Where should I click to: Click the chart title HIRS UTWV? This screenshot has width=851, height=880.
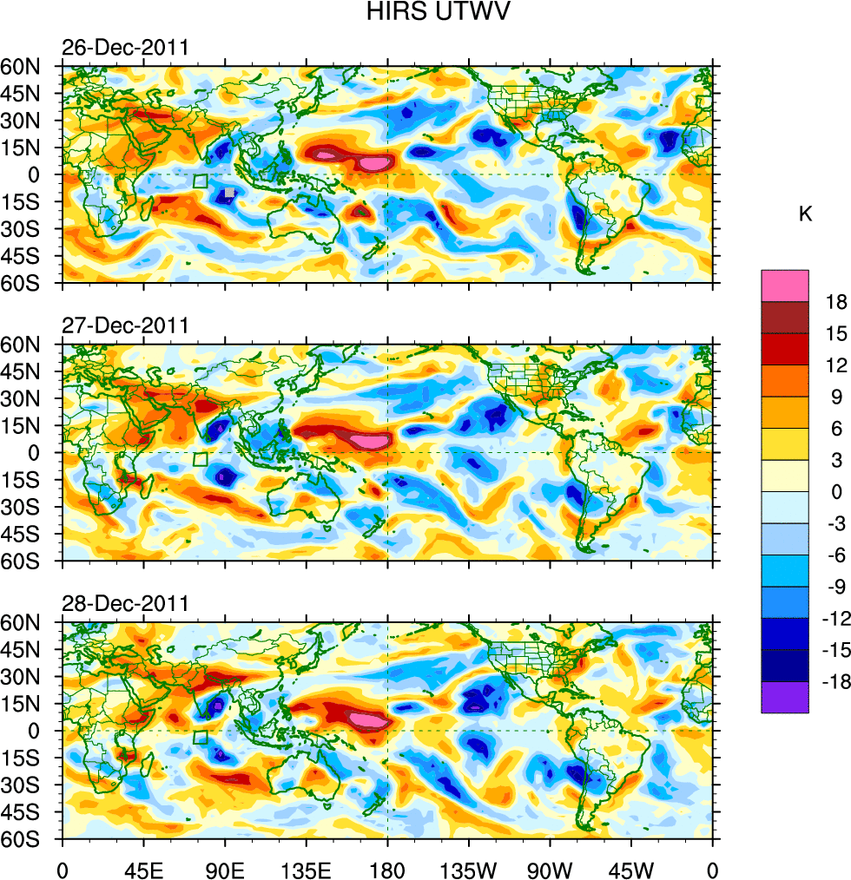425,13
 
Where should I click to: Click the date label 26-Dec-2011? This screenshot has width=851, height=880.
125,47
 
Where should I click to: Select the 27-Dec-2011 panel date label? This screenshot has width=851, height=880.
125,325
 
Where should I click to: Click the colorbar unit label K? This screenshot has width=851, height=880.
805,213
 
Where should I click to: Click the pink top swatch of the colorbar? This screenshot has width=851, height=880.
785,286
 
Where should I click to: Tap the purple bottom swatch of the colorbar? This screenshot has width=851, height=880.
785,697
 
